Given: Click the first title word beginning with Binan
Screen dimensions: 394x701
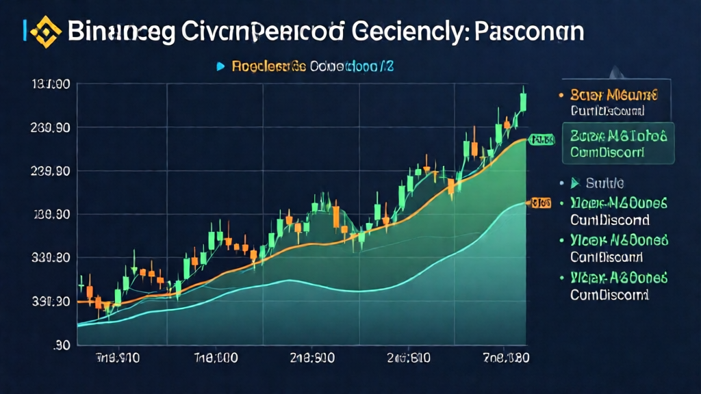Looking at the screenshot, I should click(x=122, y=31).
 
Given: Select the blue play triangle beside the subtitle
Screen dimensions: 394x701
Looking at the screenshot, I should click(x=220, y=66).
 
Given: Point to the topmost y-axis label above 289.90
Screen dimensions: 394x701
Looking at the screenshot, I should click(x=49, y=85).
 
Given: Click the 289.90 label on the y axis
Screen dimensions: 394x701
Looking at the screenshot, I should click(x=49, y=128).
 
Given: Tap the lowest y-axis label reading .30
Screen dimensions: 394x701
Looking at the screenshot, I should click(x=61, y=345).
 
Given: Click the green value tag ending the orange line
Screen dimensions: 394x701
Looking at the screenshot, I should click(x=541, y=140).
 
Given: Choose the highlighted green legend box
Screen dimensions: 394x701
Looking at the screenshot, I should click(x=617, y=143).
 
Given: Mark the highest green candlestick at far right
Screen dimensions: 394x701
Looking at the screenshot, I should click(x=524, y=101).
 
